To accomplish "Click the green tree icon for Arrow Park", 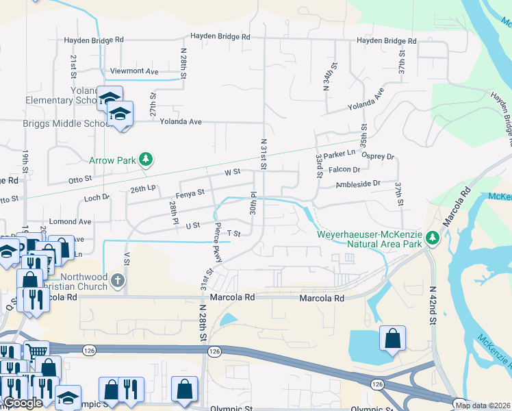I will coord(145,160).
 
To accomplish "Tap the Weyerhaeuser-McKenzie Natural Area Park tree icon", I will coord(432,238).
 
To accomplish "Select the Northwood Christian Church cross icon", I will coord(118,279).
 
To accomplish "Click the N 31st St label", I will coord(263,153).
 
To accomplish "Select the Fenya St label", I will coord(190,193).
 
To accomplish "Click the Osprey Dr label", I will coord(379,157).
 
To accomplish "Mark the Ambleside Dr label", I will coord(357,184).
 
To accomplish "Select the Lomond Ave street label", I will coord(75,222).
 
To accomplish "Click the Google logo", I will coord(22,403).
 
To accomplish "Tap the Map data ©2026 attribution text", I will coord(482,406).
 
